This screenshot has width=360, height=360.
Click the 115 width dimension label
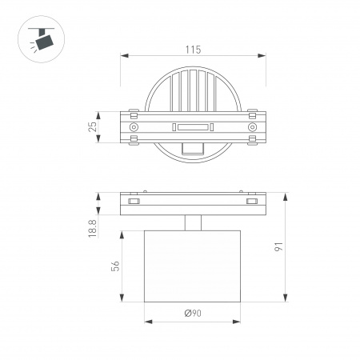click(192, 50)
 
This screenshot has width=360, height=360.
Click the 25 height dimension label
click(93, 126)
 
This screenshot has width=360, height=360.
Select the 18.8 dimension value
click(93, 228)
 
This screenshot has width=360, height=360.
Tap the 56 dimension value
click(115, 267)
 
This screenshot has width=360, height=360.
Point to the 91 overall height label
click(278, 248)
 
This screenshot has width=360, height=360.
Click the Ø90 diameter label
click(192, 314)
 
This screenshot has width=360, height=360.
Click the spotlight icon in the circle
click(38, 36)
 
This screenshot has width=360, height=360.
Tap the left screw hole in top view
click(134, 127)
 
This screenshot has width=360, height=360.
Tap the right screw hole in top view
click(252, 127)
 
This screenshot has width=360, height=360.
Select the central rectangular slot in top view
click(193, 127)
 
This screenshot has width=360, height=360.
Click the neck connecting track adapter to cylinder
click(193, 223)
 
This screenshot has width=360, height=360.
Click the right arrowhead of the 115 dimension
click(263, 55)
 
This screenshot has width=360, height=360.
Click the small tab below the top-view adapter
click(193, 148)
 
